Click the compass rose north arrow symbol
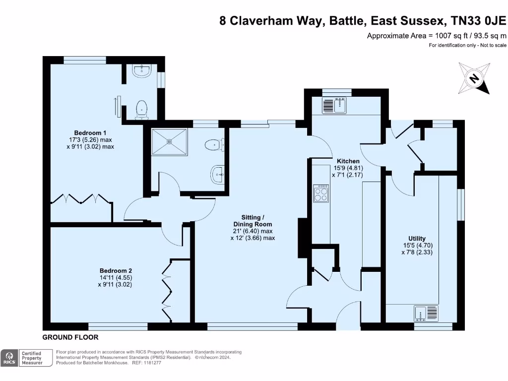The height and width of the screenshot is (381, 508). point(474,78)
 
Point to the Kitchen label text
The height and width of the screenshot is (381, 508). point(348,161)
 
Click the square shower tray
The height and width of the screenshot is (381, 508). point(170,142)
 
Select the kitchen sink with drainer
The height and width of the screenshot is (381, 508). point(336,105)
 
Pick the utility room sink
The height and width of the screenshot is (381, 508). point(426,313)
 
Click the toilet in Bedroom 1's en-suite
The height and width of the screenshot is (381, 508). point(141,109)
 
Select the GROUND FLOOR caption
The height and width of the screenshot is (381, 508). point(70,337)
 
